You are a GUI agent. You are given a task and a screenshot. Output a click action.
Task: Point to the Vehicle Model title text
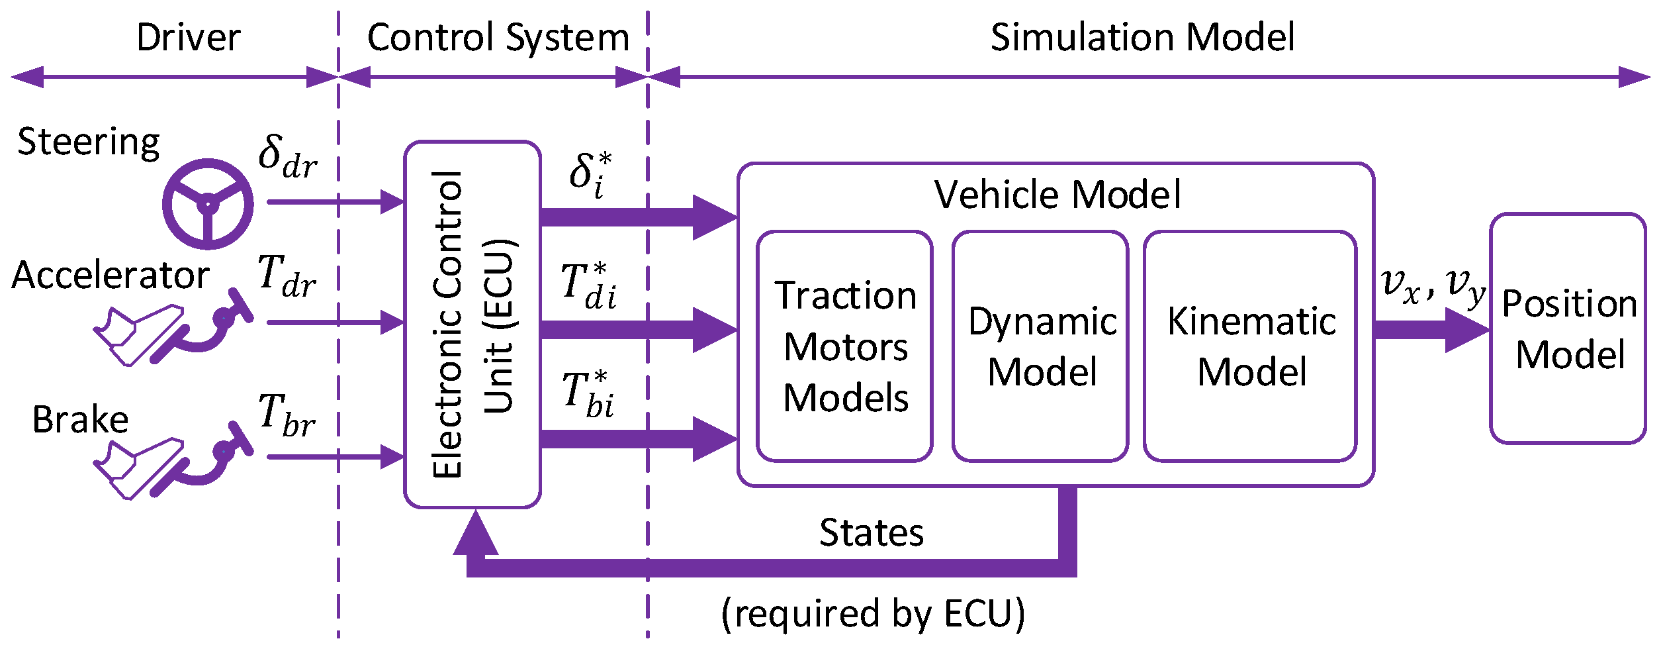click(x=1057, y=195)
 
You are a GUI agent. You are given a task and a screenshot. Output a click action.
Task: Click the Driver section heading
click(x=188, y=37)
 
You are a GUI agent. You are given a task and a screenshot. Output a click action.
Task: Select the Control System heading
click(x=498, y=38)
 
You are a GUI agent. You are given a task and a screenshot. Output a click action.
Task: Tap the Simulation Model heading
click(x=1142, y=37)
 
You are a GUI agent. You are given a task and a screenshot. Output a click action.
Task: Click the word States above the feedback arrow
click(x=871, y=532)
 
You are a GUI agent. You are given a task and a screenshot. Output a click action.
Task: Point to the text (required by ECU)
click(x=873, y=613)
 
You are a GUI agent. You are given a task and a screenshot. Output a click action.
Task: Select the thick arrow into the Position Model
click(x=1432, y=330)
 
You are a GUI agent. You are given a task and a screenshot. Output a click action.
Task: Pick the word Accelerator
click(x=111, y=275)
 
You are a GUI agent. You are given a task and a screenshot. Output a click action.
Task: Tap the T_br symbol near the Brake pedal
click(x=287, y=415)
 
